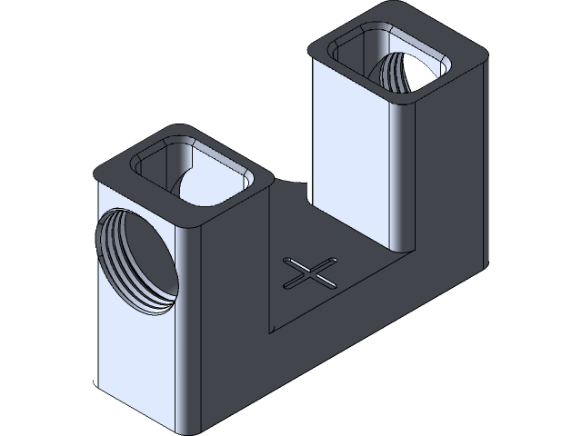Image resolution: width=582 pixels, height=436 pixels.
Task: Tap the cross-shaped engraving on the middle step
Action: (x=308, y=272)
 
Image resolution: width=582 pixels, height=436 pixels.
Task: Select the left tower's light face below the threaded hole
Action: (x=136, y=363)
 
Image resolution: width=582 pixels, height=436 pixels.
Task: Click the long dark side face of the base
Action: (x=364, y=345)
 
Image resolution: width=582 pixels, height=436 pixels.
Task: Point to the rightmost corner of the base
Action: (x=489, y=267)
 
